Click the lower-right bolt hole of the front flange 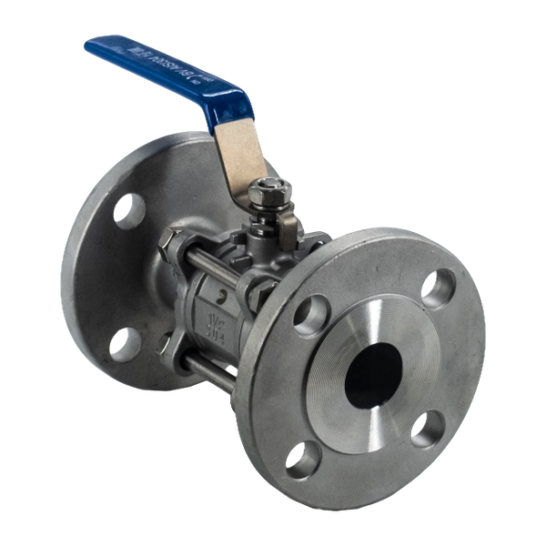[x=428, y=428]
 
